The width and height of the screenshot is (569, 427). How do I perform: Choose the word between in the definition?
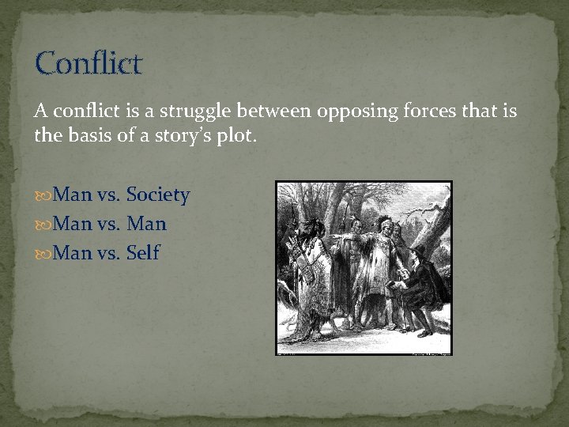tap(277, 111)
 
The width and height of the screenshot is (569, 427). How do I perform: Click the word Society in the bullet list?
tap(158, 195)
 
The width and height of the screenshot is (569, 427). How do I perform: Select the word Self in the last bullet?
tap(143, 253)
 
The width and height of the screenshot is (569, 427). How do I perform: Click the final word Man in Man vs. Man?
tap(146, 224)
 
